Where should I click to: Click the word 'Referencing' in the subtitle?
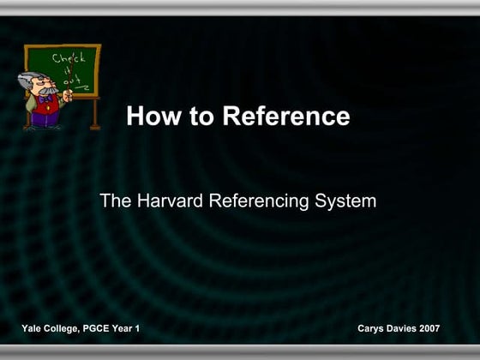pos(261,202)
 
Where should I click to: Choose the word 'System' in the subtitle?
pos(346,202)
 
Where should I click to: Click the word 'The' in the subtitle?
pos(115,202)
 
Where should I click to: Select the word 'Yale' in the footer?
pos(33,329)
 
